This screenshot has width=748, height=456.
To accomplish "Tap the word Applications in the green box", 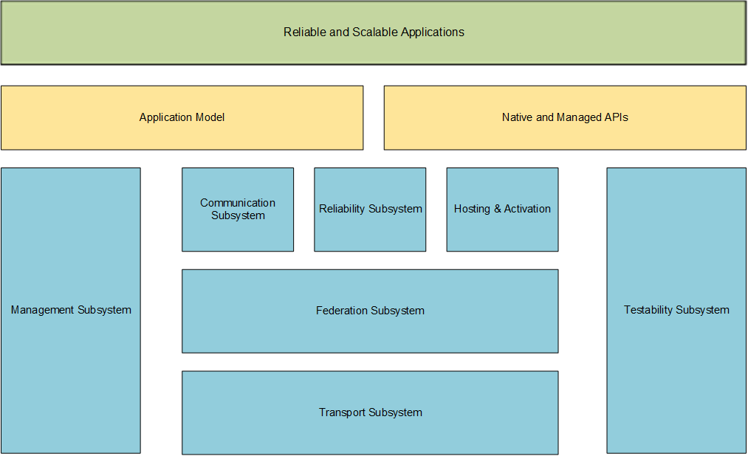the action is (x=433, y=32).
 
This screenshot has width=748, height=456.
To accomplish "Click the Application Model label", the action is (x=182, y=117).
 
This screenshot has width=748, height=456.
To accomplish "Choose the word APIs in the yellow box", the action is (x=617, y=117).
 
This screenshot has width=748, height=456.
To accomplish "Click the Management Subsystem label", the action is (x=71, y=310).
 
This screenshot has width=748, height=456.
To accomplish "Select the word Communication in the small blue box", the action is (x=238, y=202).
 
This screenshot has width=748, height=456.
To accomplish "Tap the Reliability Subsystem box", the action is (x=370, y=210).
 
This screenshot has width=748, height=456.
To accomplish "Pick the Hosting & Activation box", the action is (x=502, y=210).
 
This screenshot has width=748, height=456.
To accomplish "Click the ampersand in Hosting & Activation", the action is (x=497, y=209).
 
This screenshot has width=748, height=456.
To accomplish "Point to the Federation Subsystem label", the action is (x=370, y=311).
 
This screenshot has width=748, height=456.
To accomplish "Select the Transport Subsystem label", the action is (x=371, y=412).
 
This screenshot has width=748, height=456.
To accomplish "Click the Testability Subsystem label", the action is (x=676, y=310).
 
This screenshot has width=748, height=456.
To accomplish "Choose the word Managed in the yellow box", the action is (x=579, y=118).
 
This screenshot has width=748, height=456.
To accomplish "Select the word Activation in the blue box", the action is (x=527, y=209).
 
